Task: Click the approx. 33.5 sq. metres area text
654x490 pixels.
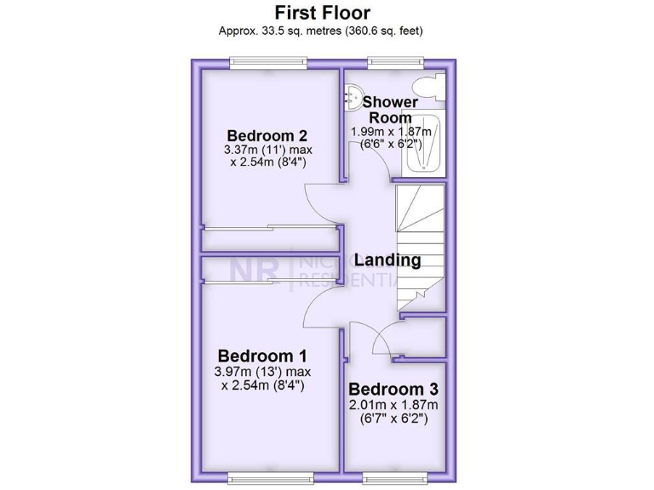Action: point(322,31)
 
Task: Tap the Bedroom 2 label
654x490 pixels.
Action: point(267,135)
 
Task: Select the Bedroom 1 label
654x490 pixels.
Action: point(263,355)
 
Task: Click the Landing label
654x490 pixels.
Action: point(387,260)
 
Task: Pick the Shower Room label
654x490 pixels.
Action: point(391,110)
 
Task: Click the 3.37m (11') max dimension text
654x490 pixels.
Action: point(267,151)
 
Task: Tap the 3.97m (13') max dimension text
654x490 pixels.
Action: point(263,372)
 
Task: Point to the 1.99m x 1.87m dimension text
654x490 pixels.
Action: point(391,132)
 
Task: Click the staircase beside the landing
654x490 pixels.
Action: point(419,247)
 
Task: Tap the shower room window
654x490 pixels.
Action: point(395,62)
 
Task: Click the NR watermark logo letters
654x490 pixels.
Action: point(254,271)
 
